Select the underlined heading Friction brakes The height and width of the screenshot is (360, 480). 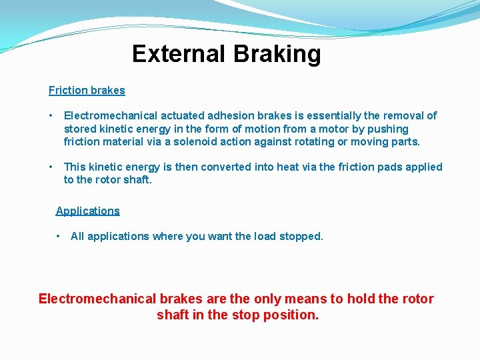[x=87, y=90]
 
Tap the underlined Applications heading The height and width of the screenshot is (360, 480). [x=88, y=211]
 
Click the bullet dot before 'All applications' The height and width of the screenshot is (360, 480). [x=59, y=236]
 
